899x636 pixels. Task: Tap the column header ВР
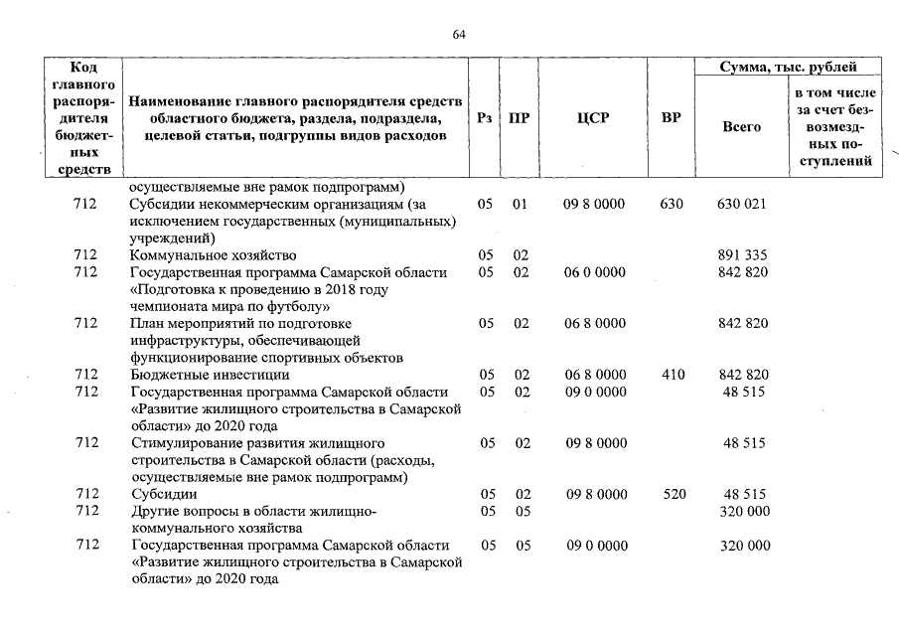click(672, 118)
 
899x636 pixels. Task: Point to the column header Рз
click(484, 118)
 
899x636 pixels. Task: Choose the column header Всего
click(741, 127)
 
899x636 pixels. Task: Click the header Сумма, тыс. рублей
click(789, 67)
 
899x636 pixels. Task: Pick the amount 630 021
click(741, 204)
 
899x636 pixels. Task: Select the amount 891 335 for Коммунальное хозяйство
click(741, 255)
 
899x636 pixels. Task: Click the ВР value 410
click(672, 375)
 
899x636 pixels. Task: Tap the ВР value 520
click(672, 494)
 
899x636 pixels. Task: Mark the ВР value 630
click(672, 204)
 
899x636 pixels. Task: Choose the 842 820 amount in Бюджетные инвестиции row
click(741, 375)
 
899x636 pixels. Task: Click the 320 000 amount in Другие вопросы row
click(744, 511)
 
